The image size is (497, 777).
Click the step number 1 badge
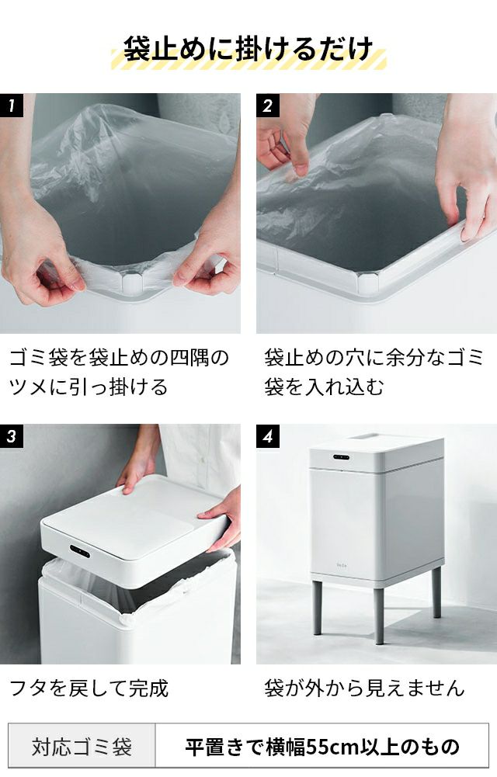(x=12, y=105)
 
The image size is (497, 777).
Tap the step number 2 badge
(x=268, y=105)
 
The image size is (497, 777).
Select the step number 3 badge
(x=12, y=436)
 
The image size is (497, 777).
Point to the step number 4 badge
(x=268, y=436)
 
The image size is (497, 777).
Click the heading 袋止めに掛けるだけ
(x=248, y=49)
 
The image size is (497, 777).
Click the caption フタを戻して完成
(x=89, y=688)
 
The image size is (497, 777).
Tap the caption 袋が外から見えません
(x=364, y=688)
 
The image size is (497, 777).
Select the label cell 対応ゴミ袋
(x=82, y=747)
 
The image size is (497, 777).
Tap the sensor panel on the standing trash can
(x=341, y=457)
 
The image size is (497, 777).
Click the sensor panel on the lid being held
(x=80, y=551)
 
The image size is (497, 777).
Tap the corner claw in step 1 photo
(x=132, y=283)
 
